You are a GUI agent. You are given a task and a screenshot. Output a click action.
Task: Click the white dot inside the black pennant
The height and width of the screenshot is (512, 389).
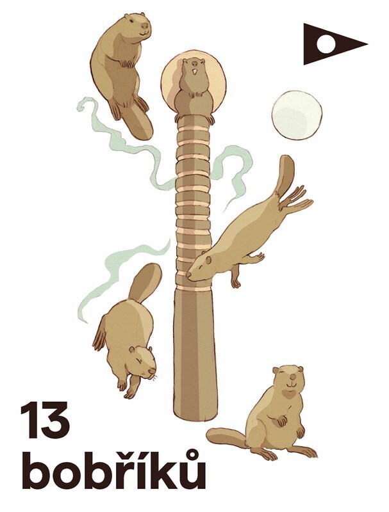point(326,44)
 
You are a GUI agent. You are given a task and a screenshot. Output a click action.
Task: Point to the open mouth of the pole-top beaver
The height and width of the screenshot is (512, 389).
point(195,72)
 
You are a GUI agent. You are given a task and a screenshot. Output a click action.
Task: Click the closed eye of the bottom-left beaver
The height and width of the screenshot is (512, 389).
point(142,361)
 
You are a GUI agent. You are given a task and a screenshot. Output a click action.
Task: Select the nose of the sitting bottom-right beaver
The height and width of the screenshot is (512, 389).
point(294,377)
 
